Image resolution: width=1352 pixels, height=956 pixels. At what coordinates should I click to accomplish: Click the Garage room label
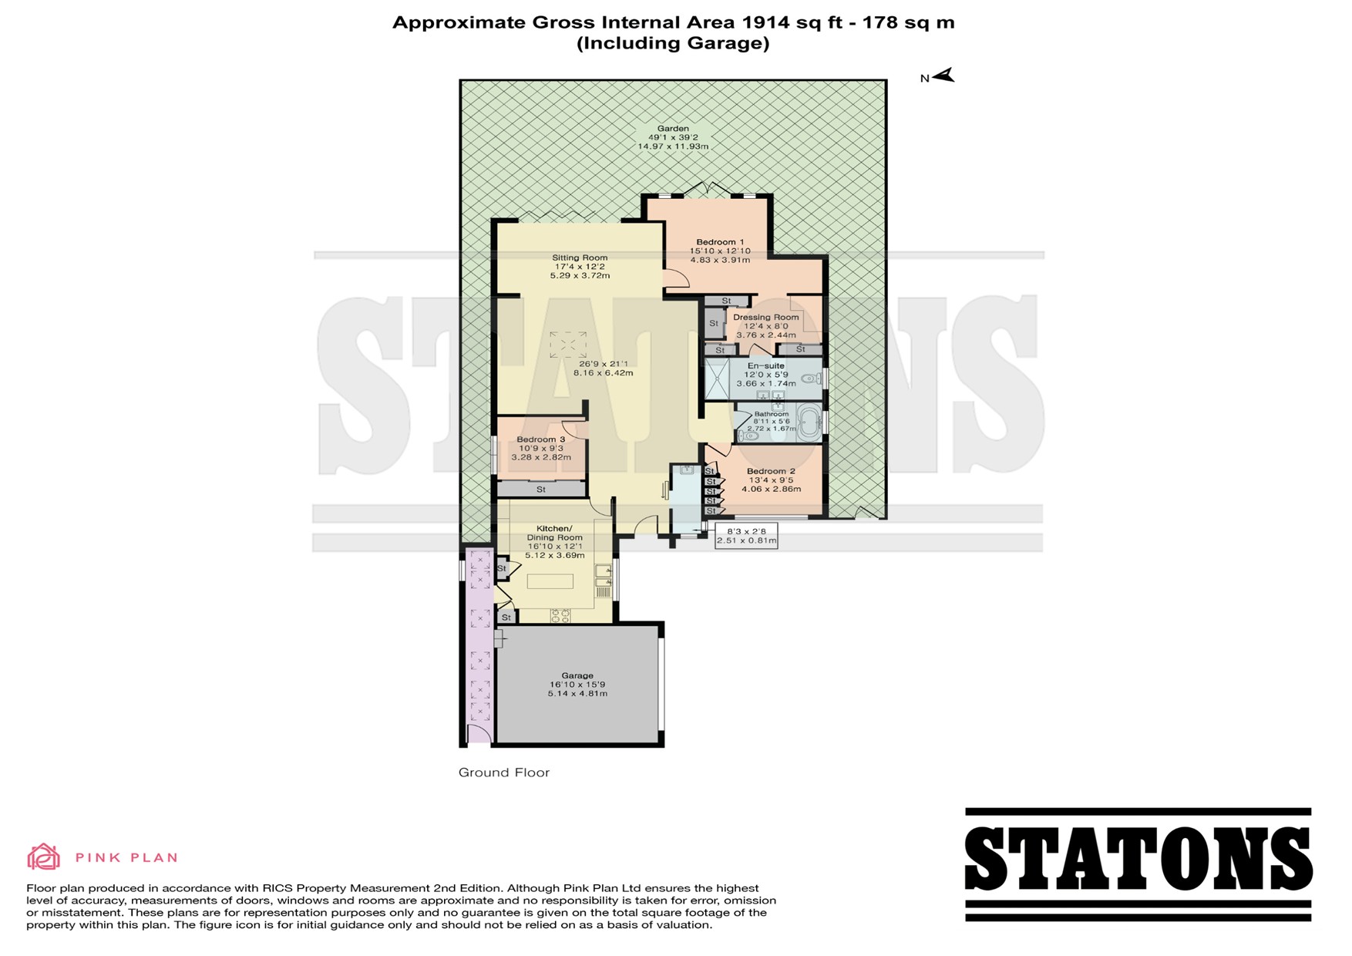(x=577, y=675)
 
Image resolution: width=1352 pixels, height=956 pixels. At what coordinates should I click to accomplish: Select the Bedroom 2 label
(x=771, y=471)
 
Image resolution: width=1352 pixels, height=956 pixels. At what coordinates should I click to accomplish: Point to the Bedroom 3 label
(x=541, y=439)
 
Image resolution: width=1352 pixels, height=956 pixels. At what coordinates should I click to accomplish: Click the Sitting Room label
(x=580, y=258)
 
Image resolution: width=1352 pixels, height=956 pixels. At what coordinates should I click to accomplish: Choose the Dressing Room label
(x=766, y=317)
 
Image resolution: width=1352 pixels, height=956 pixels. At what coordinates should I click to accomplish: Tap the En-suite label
(x=766, y=365)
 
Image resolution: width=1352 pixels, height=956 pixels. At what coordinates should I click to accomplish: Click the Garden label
(x=673, y=129)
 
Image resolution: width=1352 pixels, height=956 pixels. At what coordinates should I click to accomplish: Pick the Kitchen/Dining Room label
(x=554, y=533)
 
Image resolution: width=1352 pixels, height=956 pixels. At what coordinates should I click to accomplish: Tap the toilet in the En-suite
(x=811, y=379)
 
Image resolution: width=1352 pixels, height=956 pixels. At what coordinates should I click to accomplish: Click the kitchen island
(x=550, y=581)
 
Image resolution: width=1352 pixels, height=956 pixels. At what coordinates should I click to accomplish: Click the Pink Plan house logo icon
(x=44, y=857)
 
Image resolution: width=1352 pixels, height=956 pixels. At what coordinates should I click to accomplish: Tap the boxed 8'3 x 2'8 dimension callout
(x=747, y=535)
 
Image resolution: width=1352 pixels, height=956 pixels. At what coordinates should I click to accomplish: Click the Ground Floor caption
(x=504, y=773)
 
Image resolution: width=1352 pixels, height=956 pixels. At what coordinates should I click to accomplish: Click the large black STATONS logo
(x=1138, y=864)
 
